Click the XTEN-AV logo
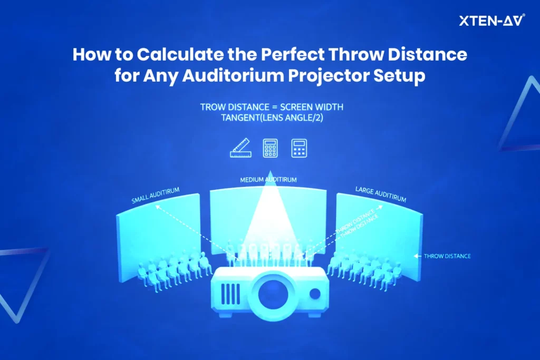[x=492, y=21]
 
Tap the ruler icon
[x=243, y=148]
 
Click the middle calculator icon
[x=270, y=148]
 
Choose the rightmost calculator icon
[x=299, y=148]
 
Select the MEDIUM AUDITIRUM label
[x=268, y=180]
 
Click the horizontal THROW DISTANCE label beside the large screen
[x=447, y=256]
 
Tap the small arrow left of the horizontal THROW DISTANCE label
[x=418, y=256]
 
